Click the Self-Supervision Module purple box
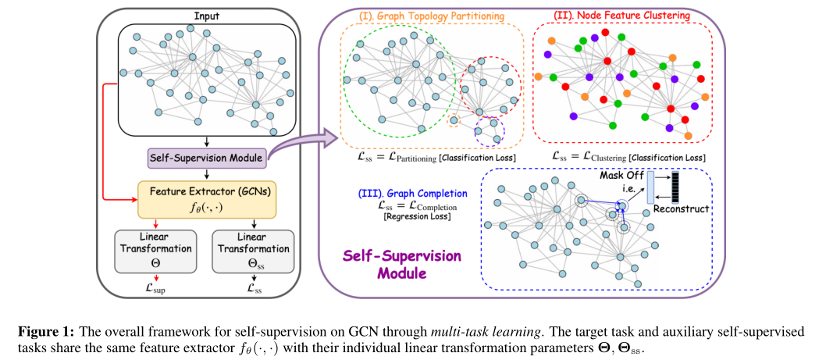(x=206, y=157)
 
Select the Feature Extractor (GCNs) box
(x=205, y=199)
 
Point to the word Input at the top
(x=206, y=15)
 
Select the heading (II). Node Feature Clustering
(x=622, y=15)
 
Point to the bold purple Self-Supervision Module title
(x=408, y=265)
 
